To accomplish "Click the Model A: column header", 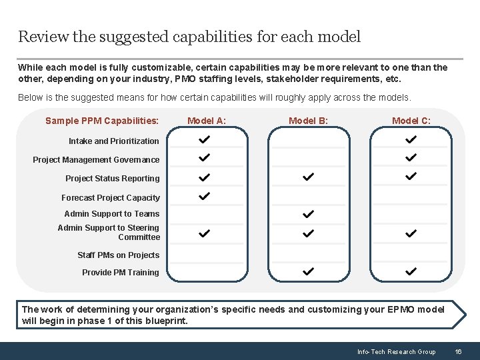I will [207, 121].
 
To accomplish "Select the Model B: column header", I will [308, 121].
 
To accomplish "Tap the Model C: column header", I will [411, 121].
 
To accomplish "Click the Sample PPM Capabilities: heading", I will [102, 121].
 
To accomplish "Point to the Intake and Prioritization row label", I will [114, 141].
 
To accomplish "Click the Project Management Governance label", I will [97, 159].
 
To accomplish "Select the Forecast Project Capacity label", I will [111, 197].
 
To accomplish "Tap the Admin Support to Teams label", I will [112, 213].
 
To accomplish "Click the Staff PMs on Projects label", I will [119, 255].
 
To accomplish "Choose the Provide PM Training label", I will [121, 272].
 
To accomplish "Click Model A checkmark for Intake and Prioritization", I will [205, 140].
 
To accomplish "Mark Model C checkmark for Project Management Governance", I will [411, 158].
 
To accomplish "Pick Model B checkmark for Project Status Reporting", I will [308, 177].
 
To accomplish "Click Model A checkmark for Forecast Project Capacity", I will [205, 196].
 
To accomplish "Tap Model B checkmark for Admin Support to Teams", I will [308, 214].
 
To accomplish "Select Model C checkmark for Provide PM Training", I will [411, 271].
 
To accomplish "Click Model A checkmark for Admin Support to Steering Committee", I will [205, 233].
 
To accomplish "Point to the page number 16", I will [458, 351].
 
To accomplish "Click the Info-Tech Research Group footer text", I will [396, 351].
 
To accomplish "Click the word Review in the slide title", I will [41, 37].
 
